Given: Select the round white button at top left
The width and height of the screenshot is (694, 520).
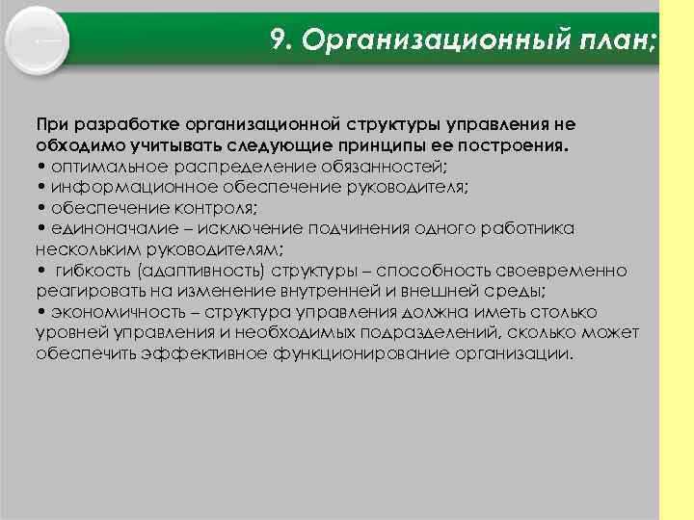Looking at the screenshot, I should (39, 40).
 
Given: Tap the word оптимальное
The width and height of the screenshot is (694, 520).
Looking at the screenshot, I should (104, 166).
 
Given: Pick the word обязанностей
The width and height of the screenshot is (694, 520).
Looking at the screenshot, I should (378, 166).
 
